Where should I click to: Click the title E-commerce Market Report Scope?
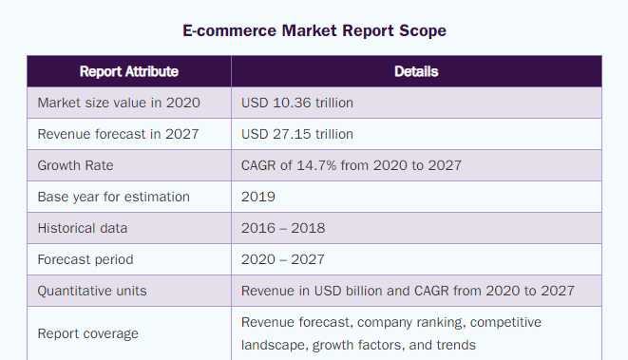[314, 30]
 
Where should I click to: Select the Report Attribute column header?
[129, 71]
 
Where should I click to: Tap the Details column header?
[416, 71]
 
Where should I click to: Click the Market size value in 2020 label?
[119, 103]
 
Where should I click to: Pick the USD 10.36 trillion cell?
[297, 103]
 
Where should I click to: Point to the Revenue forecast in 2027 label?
[118, 134]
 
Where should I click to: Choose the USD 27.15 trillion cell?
[297, 134]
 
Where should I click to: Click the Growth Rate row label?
[75, 165]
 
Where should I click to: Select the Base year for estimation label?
[113, 197]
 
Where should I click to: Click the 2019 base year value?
[258, 197]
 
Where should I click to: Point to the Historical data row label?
[83, 228]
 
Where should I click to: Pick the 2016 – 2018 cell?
[283, 228]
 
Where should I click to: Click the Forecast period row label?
[86, 259]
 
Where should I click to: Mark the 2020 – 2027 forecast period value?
[283, 259]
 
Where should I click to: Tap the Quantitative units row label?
[92, 291]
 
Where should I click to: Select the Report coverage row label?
[87, 333]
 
